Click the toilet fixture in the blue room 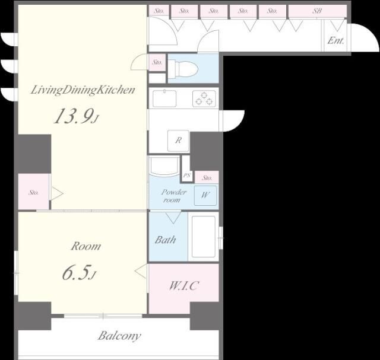(x=183, y=69)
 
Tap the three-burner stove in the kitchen (x=204, y=98)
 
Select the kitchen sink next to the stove (x=164, y=98)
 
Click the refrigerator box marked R (x=178, y=141)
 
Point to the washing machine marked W (x=205, y=195)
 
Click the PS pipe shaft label (x=187, y=175)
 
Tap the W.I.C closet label (x=184, y=286)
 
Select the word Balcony (x=119, y=336)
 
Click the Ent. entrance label (x=335, y=40)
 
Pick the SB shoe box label (x=317, y=11)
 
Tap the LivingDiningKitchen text (x=83, y=90)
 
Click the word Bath (x=165, y=240)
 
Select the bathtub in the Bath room (x=203, y=237)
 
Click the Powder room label (x=173, y=196)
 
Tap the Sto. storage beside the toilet (x=157, y=62)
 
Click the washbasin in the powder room (x=164, y=166)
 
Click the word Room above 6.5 (x=86, y=247)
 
